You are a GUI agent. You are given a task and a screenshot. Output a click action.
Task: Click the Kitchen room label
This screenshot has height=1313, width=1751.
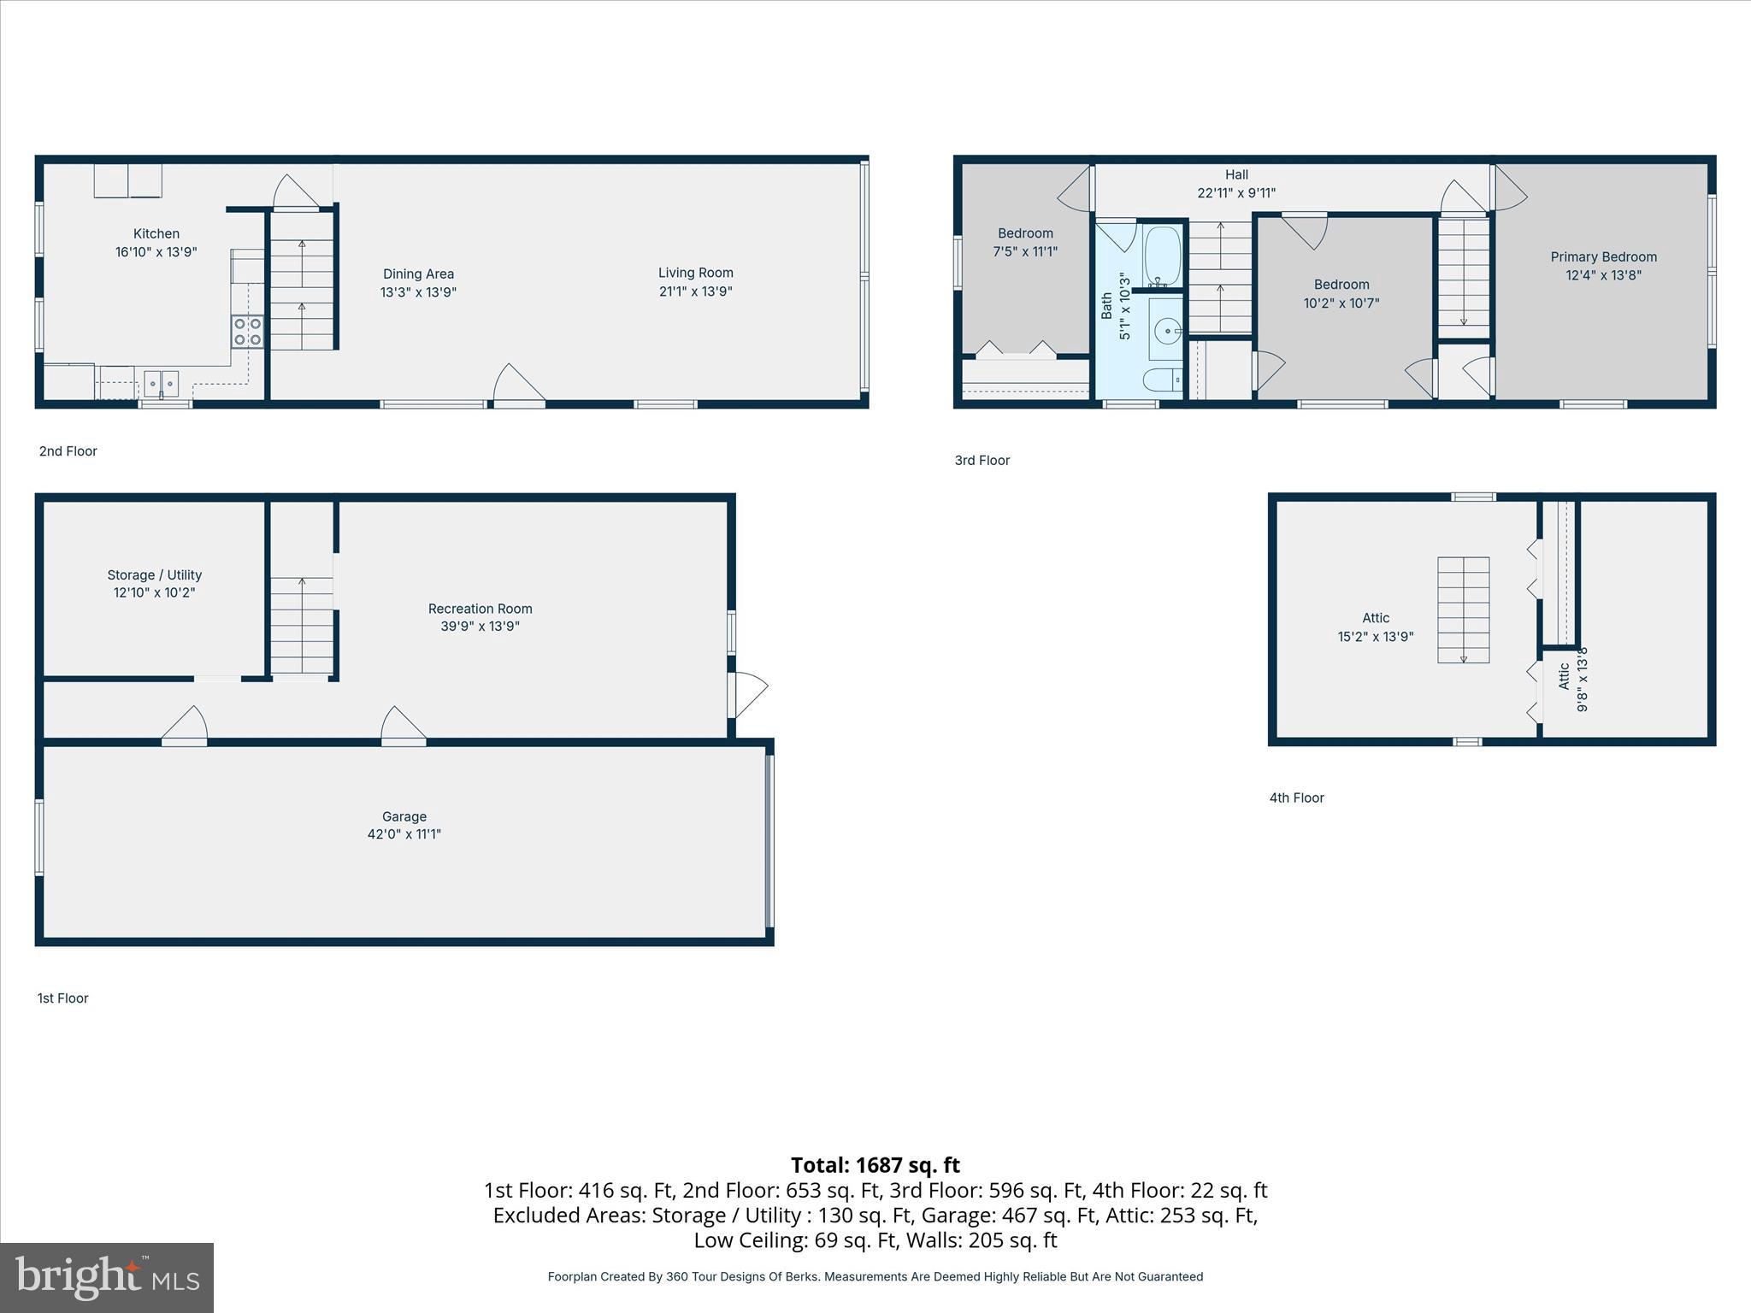tap(156, 233)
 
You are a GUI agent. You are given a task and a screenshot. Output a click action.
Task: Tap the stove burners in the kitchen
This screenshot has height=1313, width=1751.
tap(247, 331)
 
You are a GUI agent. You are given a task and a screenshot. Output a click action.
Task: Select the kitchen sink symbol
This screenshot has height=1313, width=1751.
tap(161, 384)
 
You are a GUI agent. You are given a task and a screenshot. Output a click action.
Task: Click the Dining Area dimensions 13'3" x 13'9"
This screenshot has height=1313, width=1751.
tap(418, 292)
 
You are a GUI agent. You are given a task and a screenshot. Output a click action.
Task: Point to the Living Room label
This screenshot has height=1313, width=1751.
tap(695, 273)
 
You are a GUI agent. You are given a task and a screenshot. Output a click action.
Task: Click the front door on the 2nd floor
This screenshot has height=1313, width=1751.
tap(518, 386)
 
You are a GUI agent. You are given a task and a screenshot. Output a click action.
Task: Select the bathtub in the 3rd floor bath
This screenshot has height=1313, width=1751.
tap(1162, 257)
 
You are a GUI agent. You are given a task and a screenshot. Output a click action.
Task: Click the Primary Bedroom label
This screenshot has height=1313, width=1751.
tap(1603, 256)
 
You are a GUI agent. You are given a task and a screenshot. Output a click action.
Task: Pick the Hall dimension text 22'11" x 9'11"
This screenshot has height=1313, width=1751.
tap(1236, 193)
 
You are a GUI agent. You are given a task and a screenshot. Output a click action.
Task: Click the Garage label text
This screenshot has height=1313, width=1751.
tap(404, 816)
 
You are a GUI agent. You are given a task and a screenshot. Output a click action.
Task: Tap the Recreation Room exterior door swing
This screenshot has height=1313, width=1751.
tap(749, 694)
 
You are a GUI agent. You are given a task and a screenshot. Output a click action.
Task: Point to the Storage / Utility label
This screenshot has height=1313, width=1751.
tap(155, 575)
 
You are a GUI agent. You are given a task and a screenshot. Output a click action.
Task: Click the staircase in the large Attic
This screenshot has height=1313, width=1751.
tap(1463, 609)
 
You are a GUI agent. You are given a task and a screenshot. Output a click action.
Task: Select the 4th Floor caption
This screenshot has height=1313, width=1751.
tap(1296, 798)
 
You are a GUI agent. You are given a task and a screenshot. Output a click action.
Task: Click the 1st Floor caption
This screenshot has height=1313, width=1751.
tap(62, 998)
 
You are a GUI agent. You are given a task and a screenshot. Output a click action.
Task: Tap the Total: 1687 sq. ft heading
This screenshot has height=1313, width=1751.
tap(875, 1165)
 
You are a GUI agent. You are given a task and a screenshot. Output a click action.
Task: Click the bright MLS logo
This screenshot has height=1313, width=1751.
tap(107, 1277)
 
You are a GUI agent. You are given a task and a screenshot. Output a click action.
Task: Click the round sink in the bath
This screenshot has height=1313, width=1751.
tap(1166, 329)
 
